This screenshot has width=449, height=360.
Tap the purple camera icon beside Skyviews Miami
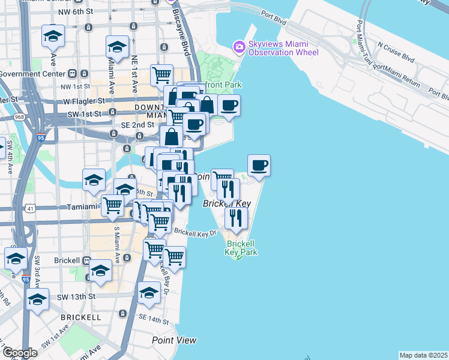coord(240,46)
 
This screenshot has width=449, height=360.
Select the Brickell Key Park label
coord(242,248)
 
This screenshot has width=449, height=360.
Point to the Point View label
coord(174,340)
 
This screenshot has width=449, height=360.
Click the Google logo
coord(20,353)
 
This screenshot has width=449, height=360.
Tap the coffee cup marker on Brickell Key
coord(259,166)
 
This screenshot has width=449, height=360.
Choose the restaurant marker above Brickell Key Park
coord(236,218)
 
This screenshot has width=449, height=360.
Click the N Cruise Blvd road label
coord(396,52)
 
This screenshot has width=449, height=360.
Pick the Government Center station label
coord(31,74)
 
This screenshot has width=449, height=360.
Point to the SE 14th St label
coord(154,318)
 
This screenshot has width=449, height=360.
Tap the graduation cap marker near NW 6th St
coord(53,37)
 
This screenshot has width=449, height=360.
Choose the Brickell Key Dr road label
coord(195,231)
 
